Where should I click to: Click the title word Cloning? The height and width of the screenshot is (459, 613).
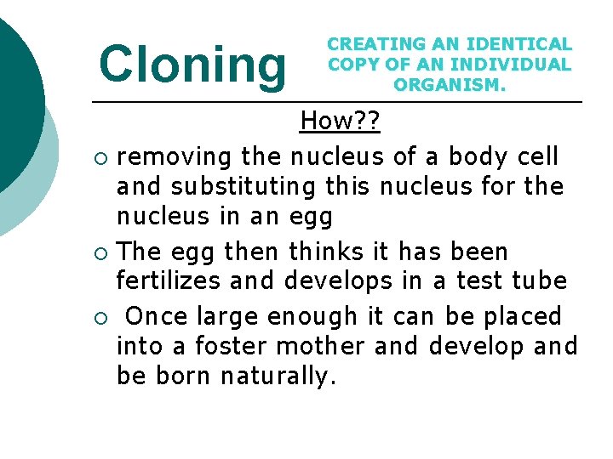tap(193, 65)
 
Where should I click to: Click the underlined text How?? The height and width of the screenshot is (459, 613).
tap(340, 122)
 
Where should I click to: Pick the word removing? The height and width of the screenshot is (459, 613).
tap(175, 156)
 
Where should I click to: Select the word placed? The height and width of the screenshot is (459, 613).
tap(523, 316)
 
